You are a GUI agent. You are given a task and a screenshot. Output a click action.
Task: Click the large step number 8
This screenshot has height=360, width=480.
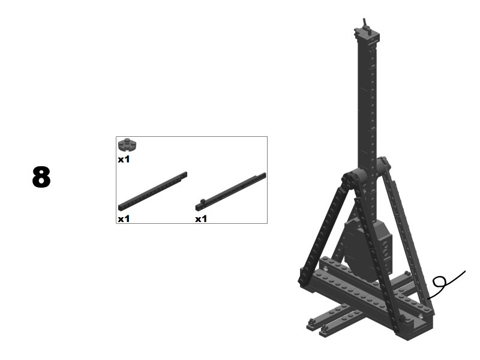[x=41, y=177]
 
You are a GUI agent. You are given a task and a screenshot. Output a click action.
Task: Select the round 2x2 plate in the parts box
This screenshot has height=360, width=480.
[x=127, y=145]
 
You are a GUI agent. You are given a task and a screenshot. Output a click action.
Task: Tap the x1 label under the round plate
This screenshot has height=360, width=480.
[x=124, y=159]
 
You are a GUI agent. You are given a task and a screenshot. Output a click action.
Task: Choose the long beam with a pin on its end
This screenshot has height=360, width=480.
[x=230, y=192]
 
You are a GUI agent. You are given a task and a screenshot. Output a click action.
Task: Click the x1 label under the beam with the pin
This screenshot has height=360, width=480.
[x=201, y=218]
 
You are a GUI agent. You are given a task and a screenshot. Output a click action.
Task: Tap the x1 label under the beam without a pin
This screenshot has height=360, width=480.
[x=124, y=218]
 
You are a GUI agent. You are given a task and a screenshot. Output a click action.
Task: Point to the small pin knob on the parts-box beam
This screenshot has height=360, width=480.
[x=202, y=201]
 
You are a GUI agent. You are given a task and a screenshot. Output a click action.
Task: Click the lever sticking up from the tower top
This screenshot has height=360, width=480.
[x=365, y=25]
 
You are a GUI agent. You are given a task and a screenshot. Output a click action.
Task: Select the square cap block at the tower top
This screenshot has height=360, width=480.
[x=367, y=35]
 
